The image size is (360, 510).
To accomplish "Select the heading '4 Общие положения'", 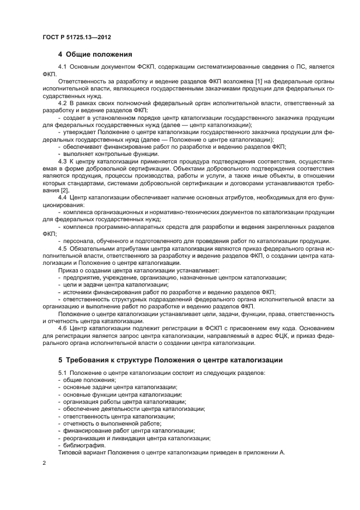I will point(94,54).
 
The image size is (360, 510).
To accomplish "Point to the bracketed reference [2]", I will point(64,190).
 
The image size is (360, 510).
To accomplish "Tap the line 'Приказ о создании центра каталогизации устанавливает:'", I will point(138,270).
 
